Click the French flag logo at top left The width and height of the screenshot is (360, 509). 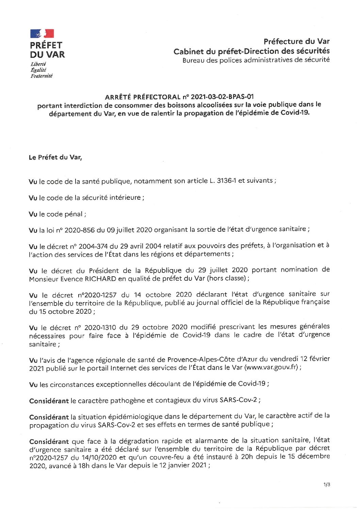point(42,33)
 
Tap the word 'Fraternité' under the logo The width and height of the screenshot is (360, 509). point(42,76)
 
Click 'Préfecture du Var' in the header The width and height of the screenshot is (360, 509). point(296,42)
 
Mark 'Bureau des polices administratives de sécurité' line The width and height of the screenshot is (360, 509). point(256,60)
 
